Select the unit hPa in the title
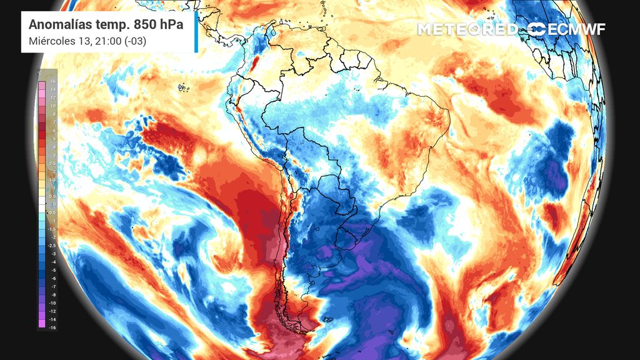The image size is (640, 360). point(171,25)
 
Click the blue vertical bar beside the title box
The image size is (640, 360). point(196,34)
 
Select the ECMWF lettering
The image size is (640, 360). point(576,29)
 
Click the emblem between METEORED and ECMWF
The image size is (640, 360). point(536,29)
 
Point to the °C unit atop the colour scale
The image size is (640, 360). point(40,74)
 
